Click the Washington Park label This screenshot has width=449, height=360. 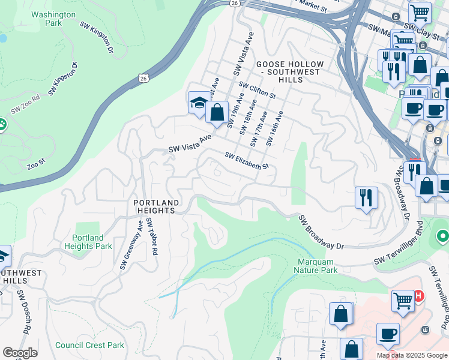pos(53,19)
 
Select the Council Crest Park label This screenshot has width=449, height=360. pos(89,345)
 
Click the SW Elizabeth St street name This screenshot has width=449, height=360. pos(246,160)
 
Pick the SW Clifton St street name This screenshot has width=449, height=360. pos(256,91)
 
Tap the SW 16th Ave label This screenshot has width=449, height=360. pos(274,128)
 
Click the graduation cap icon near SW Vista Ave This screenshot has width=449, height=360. pos(199,103)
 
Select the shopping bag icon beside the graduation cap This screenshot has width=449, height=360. pos(217,112)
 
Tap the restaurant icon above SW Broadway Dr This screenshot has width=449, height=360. pos(366,197)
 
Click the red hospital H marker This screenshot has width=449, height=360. pos(419,296)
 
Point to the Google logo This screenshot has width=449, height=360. pos(20,353)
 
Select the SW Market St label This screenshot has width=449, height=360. pos(310,6)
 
